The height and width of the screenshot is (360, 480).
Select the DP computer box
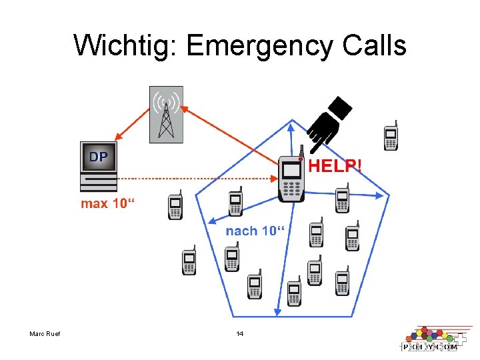click(x=98, y=166)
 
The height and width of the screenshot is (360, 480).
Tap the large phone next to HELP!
click(x=291, y=178)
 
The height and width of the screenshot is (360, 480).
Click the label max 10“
click(x=107, y=203)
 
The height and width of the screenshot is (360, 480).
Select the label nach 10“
click(x=255, y=231)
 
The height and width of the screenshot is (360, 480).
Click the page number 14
click(x=240, y=333)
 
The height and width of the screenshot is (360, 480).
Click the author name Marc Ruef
click(x=45, y=333)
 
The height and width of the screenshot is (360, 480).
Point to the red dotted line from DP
click(x=193, y=178)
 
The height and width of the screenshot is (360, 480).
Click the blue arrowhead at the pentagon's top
click(x=291, y=125)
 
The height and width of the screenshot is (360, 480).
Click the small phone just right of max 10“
click(x=175, y=206)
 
